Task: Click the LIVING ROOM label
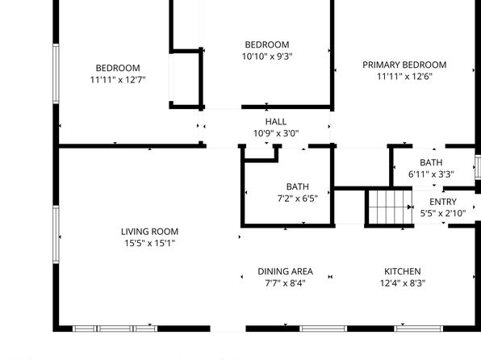pos(149,232)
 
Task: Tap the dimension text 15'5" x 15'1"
pos(149,243)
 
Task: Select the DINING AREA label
pos(285,271)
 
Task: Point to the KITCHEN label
pos(403,271)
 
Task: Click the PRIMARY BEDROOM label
pos(404,65)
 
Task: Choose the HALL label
pos(276,122)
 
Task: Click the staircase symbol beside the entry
pos(390,207)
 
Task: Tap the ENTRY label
pos(443,202)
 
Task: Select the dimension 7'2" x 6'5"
pos(298,199)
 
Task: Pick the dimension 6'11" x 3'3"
pos(431,174)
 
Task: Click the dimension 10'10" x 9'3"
pos(267,57)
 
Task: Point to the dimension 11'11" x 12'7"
pos(118,80)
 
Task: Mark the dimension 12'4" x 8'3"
pos(403,283)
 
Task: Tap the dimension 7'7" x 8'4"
pos(285,283)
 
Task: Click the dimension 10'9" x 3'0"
pos(276,133)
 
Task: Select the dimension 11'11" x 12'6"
pos(404,77)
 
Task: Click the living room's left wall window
pos(56,234)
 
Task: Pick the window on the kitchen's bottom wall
pos(419,329)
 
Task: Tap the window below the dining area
pos(323,329)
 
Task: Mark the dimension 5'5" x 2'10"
pos(443,213)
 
